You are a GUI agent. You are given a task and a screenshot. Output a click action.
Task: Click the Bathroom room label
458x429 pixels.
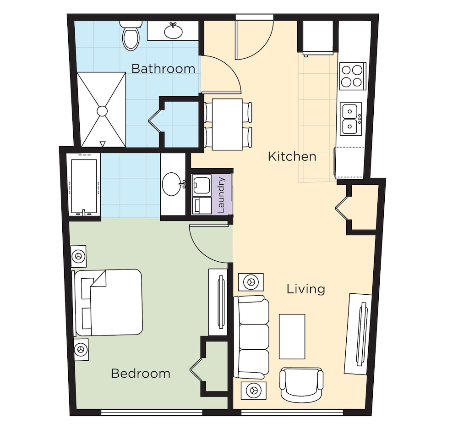164,69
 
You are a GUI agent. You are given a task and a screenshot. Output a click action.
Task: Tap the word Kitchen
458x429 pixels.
292,157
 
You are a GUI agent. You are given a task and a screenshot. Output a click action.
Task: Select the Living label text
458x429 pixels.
306,289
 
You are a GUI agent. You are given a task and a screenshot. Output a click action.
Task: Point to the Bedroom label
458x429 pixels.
141,374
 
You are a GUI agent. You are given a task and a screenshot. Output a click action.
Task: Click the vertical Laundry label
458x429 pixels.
221,195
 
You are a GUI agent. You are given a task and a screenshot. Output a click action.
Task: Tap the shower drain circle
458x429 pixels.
102,111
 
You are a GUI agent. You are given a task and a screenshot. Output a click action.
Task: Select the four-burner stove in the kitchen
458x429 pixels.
353,76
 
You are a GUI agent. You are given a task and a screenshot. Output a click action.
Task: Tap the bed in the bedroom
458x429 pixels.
108,302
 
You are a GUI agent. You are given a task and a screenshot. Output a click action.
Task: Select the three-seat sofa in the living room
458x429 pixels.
251,337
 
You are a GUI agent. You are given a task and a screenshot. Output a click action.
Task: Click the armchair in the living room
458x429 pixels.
301,385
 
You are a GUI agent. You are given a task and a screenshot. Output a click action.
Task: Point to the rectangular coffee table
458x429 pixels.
292,337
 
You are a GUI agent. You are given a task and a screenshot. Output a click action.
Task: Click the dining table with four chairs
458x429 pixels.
228,125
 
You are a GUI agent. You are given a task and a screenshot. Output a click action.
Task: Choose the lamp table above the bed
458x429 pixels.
79,256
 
